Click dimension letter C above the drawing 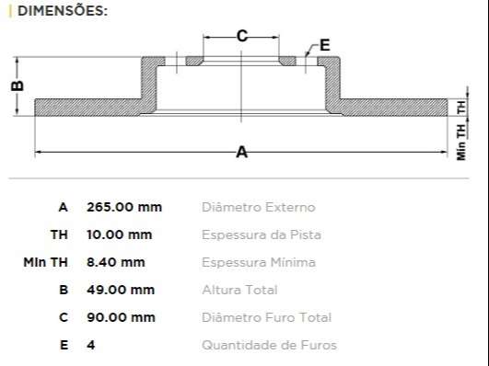[x=241, y=36]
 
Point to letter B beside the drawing [x=17, y=85]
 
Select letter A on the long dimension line [x=241, y=153]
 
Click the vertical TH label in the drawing [x=461, y=107]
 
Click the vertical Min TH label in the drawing [x=461, y=143]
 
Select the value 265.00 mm [x=123, y=207]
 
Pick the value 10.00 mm [x=119, y=234]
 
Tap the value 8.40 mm [x=115, y=262]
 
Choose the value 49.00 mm [x=120, y=290]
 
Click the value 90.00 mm [x=120, y=317]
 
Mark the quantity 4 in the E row [x=90, y=345]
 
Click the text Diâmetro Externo [x=258, y=207]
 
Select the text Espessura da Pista [x=261, y=234]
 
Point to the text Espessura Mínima [x=258, y=262]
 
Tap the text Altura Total [x=239, y=290]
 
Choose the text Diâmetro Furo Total [x=266, y=317]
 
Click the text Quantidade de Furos [x=269, y=345]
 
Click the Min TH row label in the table [x=45, y=262]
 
